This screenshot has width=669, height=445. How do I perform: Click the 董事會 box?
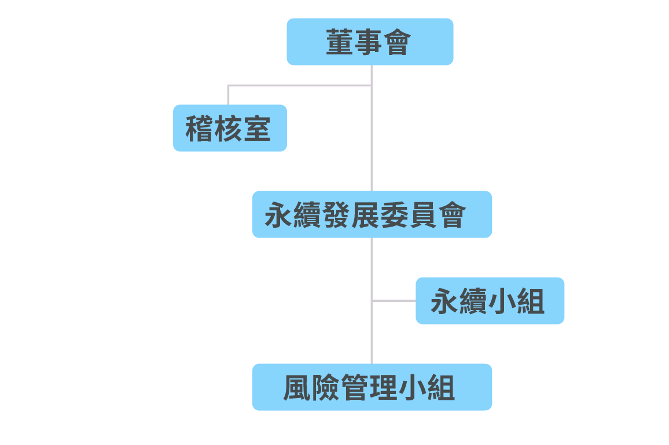(370, 41)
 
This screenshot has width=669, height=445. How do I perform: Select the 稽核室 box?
(230, 127)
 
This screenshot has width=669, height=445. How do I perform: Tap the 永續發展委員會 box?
(372, 214)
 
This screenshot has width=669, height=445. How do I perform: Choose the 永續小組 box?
(490, 301)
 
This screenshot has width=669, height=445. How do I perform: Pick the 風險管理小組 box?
(372, 387)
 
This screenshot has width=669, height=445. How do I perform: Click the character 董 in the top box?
(340, 42)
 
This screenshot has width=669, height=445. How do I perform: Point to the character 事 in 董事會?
(369, 42)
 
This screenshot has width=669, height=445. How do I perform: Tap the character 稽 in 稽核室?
(199, 128)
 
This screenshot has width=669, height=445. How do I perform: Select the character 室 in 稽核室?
(258, 128)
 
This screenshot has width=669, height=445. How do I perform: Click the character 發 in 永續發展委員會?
(336, 215)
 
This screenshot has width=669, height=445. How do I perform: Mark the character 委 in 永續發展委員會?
(394, 215)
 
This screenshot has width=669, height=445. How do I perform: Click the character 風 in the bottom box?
(297, 388)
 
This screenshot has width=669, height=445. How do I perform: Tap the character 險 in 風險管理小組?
(326, 388)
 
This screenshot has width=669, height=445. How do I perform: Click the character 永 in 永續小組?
(444, 301)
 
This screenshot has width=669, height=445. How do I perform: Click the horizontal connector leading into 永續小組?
(394, 301)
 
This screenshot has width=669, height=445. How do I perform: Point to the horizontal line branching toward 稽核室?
(300, 85)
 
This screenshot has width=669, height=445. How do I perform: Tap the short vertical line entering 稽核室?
(228, 95)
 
